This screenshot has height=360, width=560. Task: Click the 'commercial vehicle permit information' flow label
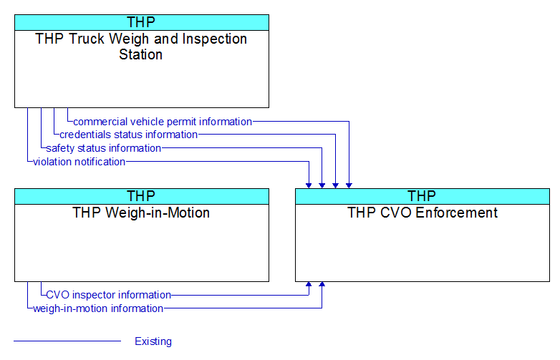coord(163,122)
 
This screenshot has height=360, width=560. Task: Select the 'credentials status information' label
coord(129,135)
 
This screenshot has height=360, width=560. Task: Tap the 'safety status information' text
coord(104,148)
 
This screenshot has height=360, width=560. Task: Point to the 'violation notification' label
coord(79,162)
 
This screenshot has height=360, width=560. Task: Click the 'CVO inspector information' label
coord(109,295)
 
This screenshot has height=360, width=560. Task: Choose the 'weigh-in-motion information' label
coord(98,308)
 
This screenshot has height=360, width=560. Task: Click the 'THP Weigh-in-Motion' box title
coord(141,213)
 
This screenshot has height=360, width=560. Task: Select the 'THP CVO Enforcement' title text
coord(423,213)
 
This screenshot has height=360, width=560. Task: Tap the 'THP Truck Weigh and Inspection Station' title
coord(141,47)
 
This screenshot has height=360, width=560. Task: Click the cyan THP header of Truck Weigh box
coord(142,22)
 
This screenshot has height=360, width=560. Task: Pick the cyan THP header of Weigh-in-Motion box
coord(142,196)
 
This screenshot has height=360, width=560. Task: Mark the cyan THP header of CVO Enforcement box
coord(423,196)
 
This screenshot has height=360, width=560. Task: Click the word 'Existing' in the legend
coord(153,341)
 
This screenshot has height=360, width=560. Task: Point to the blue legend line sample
coord(67,341)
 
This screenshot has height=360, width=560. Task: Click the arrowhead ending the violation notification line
coord(309,185)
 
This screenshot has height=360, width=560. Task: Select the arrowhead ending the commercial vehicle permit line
coord(349,185)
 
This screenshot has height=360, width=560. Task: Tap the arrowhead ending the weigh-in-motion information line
coord(322,284)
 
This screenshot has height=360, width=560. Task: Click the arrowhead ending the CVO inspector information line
coord(309,284)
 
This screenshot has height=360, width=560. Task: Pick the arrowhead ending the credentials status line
coord(335,185)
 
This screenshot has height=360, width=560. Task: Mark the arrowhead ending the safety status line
coord(322,185)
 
